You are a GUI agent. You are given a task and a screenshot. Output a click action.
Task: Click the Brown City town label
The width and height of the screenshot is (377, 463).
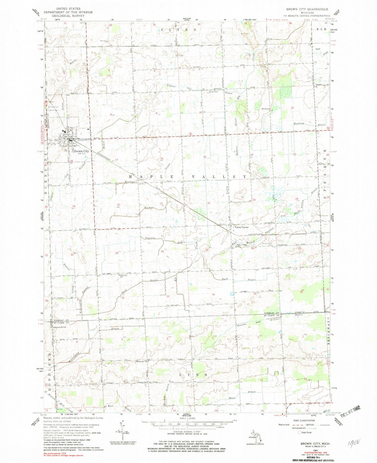click(x=81, y=151)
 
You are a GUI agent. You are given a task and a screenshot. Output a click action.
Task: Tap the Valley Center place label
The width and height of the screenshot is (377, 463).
click(x=242, y=227)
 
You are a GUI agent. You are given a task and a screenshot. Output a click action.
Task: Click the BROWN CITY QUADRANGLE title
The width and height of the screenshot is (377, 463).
click(x=307, y=9)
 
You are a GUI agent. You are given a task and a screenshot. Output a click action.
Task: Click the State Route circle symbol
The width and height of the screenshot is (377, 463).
click(x=300, y=432)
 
